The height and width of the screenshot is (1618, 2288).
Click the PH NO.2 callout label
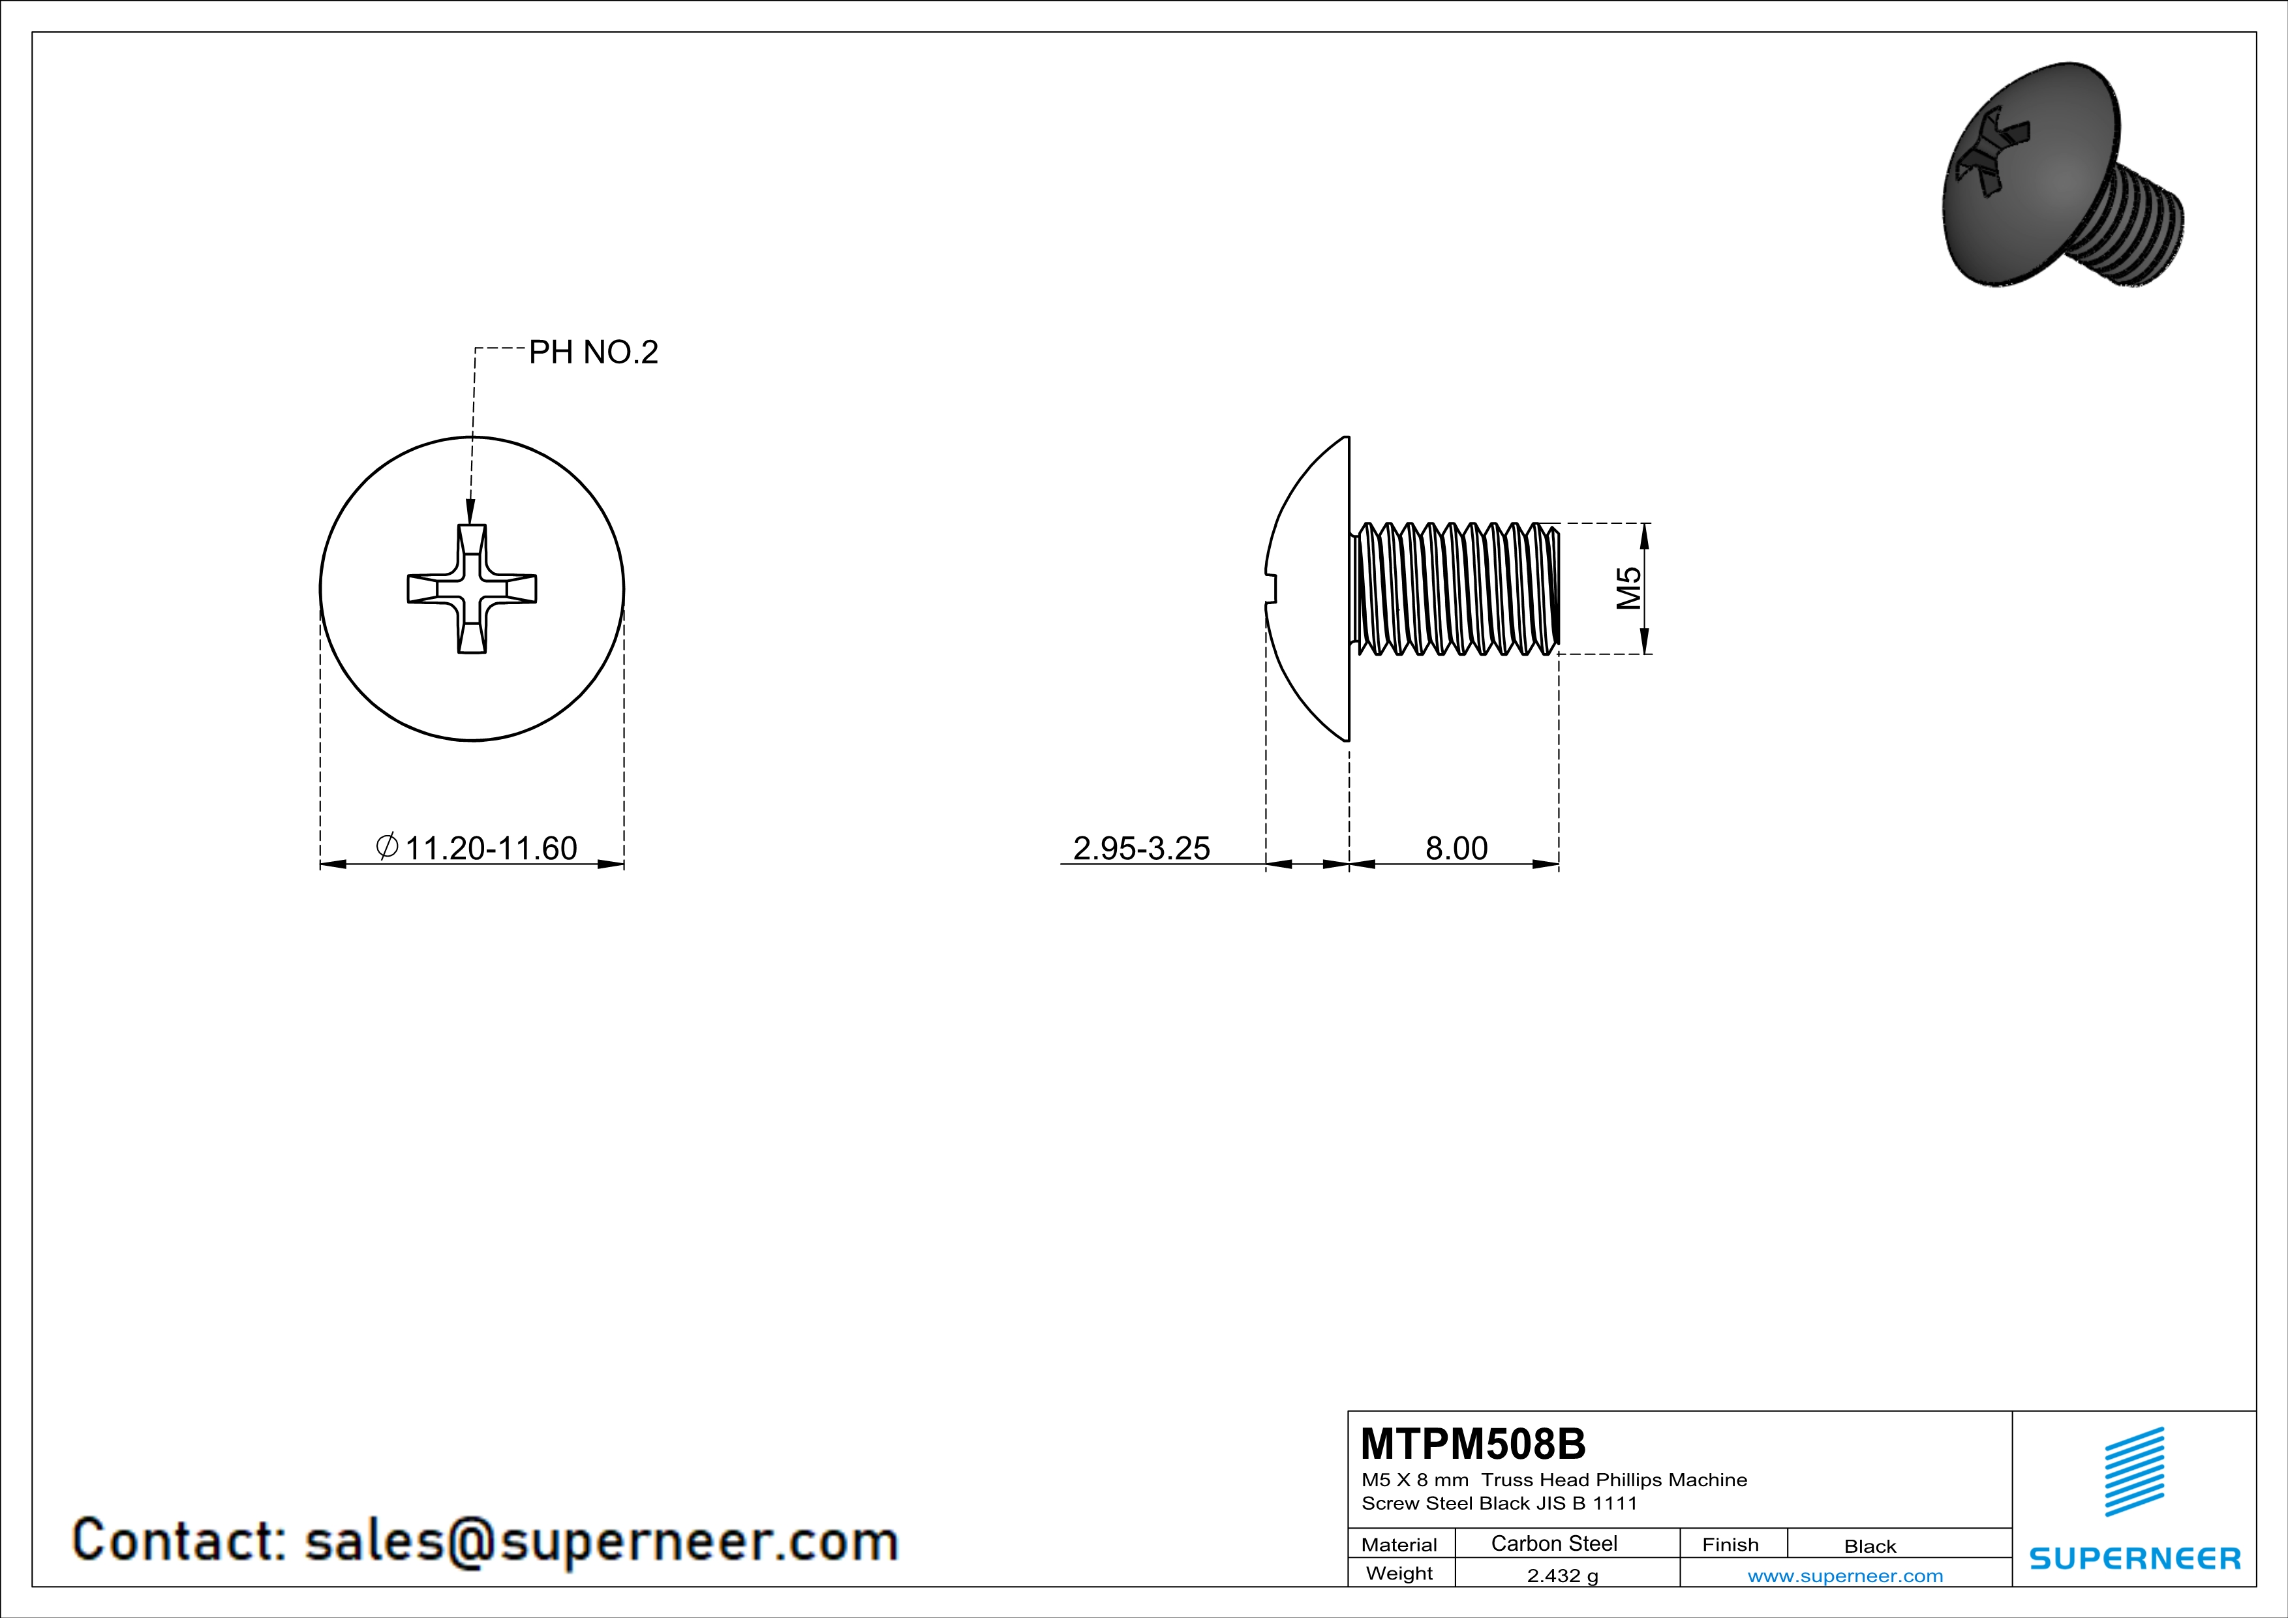(593, 353)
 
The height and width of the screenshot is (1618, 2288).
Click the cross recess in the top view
(472, 589)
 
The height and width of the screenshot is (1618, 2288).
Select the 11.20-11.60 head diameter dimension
(491, 848)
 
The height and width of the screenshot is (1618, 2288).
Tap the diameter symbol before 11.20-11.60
(387, 847)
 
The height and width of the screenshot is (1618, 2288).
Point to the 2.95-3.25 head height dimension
(1141, 848)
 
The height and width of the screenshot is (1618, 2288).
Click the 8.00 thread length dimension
(1456, 848)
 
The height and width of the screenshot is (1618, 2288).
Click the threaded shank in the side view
(1455, 589)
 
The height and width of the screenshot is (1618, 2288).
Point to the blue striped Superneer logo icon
(2133, 1472)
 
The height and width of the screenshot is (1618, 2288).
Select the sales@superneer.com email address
(601, 1540)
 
